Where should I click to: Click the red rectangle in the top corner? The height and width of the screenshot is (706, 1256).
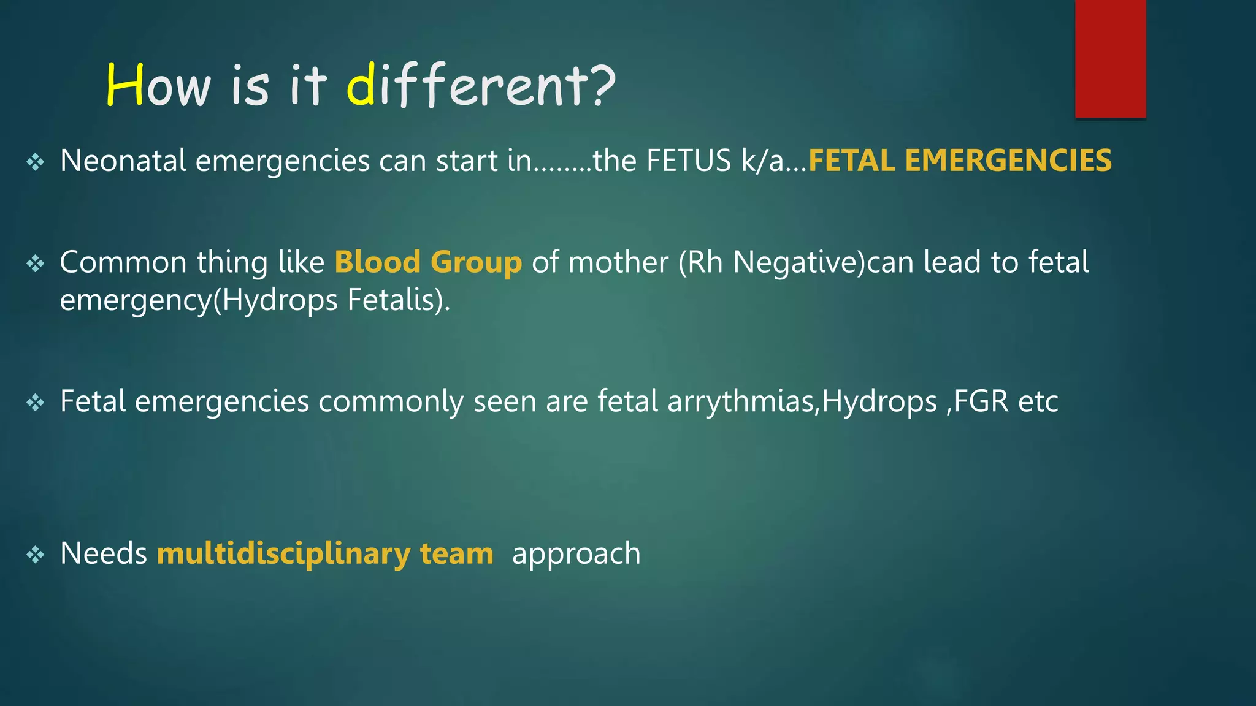point(1110,58)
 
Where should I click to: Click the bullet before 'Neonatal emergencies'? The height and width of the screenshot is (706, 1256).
point(36,162)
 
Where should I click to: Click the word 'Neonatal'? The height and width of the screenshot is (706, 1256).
point(123,161)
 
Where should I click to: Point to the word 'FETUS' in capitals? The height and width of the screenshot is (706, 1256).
point(689,161)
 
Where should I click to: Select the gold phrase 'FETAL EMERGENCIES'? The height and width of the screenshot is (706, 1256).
point(959,161)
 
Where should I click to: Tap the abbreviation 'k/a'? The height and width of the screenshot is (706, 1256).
point(762,161)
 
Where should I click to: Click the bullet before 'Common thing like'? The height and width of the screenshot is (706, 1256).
point(36,264)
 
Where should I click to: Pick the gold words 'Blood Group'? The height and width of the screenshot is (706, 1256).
point(428,262)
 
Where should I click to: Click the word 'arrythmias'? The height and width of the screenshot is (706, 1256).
point(741,402)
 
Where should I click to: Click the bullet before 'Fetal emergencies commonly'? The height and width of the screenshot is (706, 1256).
point(36,403)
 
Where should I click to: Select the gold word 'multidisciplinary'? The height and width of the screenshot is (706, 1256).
point(284,553)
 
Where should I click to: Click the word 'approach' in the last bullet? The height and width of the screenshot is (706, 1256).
point(576,554)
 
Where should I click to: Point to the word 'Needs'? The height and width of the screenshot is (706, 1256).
point(104,553)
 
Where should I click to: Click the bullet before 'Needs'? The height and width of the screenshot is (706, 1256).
point(36,555)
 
